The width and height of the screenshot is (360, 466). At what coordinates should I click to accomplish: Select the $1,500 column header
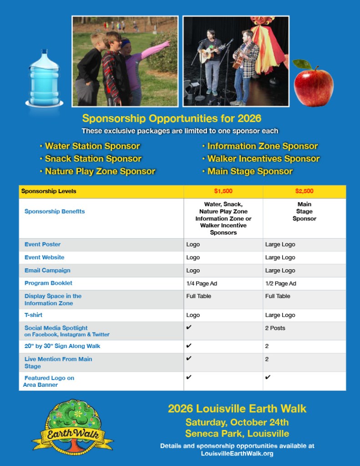pos(223,191)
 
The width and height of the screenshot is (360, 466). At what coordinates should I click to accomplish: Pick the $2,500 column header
pos(304,191)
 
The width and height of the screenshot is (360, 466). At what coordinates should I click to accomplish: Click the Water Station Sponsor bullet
pos(92,146)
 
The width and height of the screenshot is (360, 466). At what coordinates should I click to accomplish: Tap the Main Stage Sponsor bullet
pos(250,171)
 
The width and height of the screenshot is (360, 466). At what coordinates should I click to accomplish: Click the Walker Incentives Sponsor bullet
pos(263,159)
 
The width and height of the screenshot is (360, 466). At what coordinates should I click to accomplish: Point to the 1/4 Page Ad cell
pos(202,283)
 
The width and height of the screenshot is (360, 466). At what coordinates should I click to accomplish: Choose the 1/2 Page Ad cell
pos(280,283)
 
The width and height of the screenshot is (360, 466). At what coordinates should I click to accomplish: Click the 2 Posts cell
pos(275,328)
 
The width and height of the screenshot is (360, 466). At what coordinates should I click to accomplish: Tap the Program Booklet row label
pos(48,283)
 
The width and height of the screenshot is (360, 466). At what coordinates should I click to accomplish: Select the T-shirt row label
pos(33,315)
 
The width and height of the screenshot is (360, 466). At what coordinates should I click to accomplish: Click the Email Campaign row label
pos(47,271)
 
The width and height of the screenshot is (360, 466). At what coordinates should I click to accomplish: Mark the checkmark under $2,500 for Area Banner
pos(268,377)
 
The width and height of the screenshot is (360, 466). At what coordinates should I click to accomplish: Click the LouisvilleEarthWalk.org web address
pos(237,453)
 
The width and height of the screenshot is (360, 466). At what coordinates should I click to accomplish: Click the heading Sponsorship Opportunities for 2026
pos(172,118)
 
